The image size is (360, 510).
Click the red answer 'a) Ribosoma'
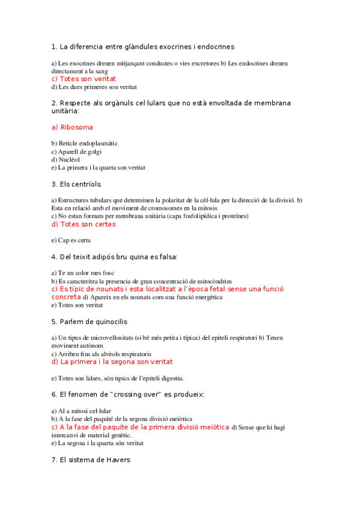[72, 127]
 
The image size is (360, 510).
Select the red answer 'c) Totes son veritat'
[84, 79]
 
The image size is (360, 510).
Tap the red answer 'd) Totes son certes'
[84, 224]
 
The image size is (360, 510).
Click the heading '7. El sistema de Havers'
[91, 460]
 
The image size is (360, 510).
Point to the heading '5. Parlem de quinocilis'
[90, 322]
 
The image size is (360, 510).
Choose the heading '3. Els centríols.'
[76, 184]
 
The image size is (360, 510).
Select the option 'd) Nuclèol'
[66, 159]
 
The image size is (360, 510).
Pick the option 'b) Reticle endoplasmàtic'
[84, 143]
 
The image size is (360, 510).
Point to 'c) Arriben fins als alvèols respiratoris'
[101, 354]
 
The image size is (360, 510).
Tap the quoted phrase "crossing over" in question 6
[141, 395]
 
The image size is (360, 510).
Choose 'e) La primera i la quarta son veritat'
[98, 168]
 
